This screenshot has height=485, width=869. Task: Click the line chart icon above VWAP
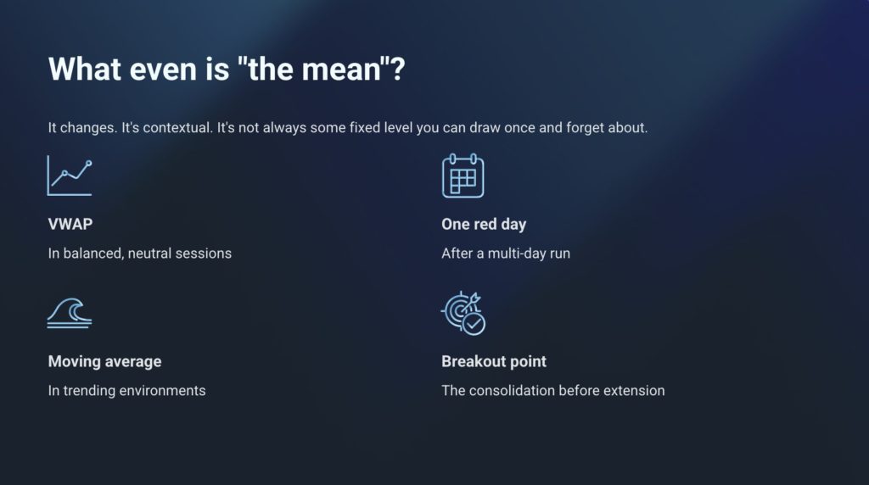pyautogui.click(x=70, y=176)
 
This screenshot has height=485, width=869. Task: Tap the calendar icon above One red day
pyautogui.click(x=463, y=176)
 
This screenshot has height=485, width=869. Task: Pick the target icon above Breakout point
pyautogui.click(x=463, y=313)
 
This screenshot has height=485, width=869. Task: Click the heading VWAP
pyautogui.click(x=70, y=225)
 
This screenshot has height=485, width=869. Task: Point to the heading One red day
pyautogui.click(x=484, y=225)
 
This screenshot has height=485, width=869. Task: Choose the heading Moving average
pyautogui.click(x=104, y=362)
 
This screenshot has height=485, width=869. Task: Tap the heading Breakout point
pyautogui.click(x=494, y=362)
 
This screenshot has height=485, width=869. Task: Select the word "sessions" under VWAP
pyautogui.click(x=206, y=254)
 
